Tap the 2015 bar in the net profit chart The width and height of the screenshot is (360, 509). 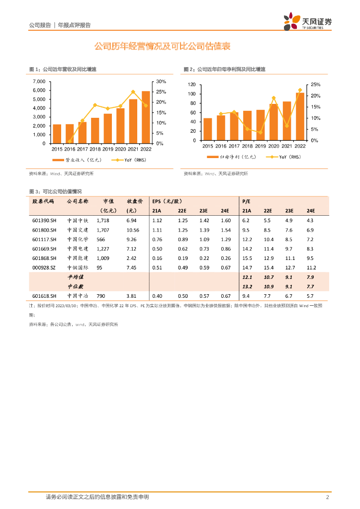(208, 129)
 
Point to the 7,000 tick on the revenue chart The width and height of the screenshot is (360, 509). (39, 82)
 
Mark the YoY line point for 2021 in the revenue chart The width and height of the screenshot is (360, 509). (133, 91)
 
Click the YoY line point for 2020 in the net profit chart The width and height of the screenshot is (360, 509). (274, 98)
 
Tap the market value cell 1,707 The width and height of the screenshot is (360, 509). (103, 230)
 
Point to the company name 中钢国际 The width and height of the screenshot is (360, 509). (78, 267)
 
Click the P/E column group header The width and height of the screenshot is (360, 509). (246, 201)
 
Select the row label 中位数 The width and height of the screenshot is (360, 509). (76, 286)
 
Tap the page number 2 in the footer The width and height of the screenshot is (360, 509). (328, 497)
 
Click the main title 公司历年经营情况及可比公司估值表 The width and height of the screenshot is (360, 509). (162, 47)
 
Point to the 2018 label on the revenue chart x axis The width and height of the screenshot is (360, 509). (95, 149)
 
